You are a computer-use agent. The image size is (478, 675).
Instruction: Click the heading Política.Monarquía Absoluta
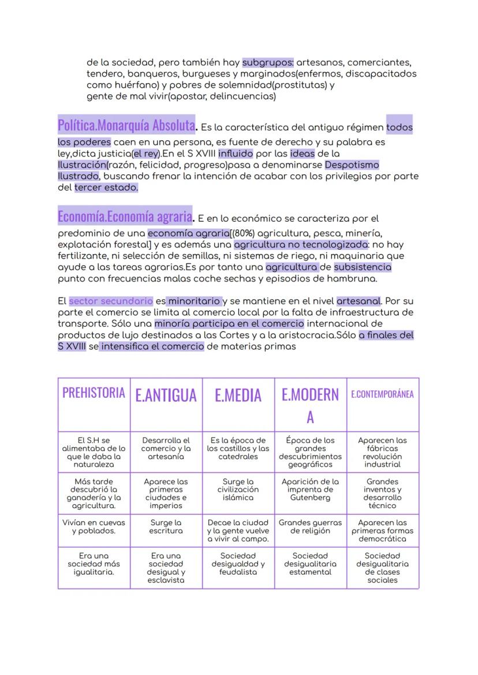tap(126, 125)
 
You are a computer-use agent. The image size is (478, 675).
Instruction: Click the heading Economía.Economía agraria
tap(125, 217)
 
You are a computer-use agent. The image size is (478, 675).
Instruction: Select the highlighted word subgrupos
tap(268, 62)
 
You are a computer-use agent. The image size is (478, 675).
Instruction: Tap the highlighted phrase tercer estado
tap(106, 188)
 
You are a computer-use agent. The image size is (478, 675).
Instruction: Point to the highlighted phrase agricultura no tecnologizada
tap(301, 244)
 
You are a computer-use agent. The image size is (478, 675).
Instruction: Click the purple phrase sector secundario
tap(111, 301)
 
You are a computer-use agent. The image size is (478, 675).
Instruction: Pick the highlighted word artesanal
tap(358, 301)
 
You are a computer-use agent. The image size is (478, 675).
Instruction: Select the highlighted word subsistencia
tap(363, 267)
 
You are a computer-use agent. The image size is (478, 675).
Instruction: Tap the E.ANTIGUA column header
tap(166, 395)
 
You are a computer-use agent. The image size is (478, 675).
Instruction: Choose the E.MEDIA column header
tap(238, 395)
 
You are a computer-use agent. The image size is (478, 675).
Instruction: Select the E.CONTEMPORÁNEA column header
tap(382, 394)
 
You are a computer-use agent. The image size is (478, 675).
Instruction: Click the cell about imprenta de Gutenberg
tap(310, 489)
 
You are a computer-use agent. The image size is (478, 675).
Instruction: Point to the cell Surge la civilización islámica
tap(238, 489)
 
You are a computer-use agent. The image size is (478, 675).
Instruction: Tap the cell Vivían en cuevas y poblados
tap(94, 527)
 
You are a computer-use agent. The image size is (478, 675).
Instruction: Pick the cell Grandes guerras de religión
tap(310, 527)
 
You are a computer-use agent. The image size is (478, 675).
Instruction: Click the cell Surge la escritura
tap(166, 527)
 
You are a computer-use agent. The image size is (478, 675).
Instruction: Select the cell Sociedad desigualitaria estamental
tap(310, 564)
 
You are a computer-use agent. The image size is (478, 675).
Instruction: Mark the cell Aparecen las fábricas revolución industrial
tap(382, 452)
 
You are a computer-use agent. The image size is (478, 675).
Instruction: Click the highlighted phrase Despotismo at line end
tap(352, 165)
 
